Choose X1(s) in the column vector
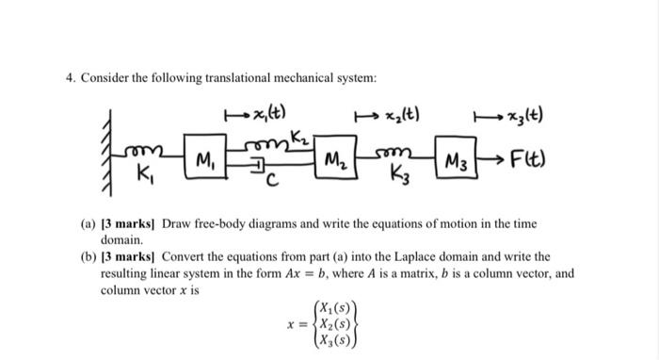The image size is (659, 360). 335,307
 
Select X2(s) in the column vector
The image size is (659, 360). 335,323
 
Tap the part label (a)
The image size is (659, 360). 111,224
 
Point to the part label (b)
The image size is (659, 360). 111,256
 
